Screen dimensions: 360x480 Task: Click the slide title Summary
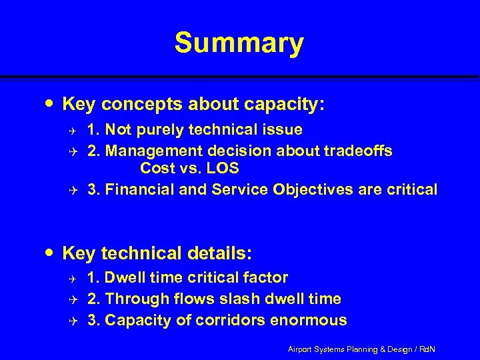pyautogui.click(x=239, y=43)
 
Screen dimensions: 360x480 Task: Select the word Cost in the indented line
pyautogui.click(x=158, y=168)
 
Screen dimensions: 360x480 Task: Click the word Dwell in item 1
pyautogui.click(x=127, y=277)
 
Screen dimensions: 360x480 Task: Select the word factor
pyautogui.click(x=266, y=277)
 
